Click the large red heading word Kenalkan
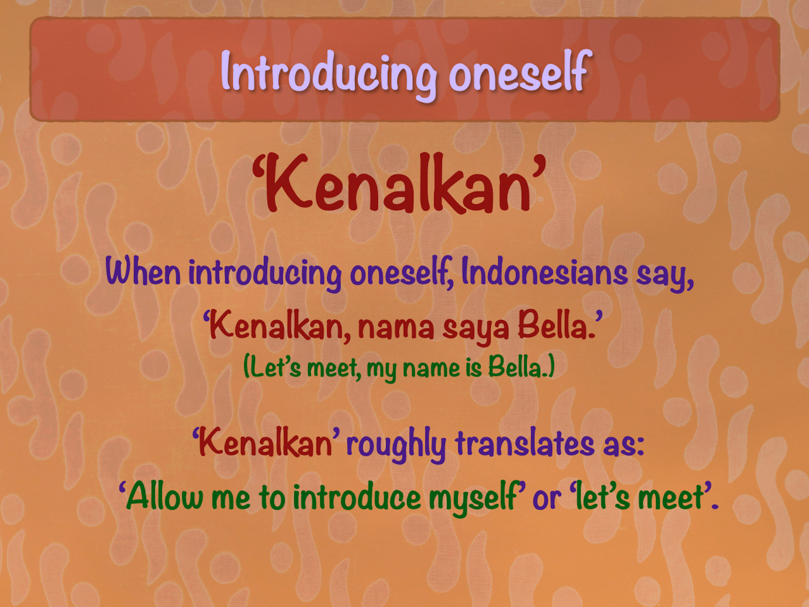coord(399,183)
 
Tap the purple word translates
coord(525,443)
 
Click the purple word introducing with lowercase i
coord(265,273)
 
